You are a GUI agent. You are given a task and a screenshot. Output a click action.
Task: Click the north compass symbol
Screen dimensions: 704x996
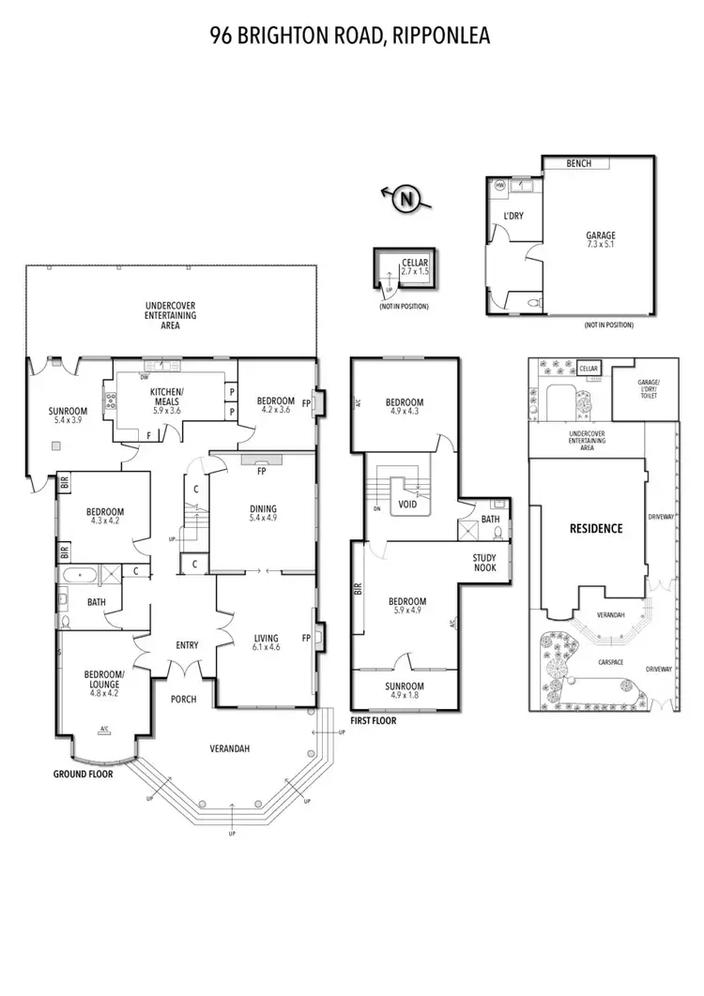click(406, 198)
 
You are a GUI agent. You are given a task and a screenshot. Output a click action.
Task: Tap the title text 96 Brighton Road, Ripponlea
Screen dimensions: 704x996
click(351, 37)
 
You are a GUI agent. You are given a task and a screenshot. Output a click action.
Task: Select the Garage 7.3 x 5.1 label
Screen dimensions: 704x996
click(602, 241)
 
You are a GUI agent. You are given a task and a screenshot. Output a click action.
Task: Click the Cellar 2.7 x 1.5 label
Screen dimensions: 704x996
click(414, 267)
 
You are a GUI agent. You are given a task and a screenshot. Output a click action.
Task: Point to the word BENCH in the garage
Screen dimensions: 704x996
click(578, 164)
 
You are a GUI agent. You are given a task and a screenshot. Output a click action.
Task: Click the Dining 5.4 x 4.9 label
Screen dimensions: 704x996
click(262, 515)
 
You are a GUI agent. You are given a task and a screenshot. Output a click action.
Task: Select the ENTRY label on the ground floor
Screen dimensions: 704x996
click(187, 644)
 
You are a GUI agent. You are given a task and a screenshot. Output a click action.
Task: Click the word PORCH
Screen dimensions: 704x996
click(183, 699)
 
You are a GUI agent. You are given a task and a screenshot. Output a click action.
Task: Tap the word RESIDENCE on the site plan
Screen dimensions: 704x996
click(596, 528)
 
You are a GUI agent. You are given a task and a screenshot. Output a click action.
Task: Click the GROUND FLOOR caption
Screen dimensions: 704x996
click(84, 775)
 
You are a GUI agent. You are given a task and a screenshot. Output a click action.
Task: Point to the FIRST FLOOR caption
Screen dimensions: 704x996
click(373, 721)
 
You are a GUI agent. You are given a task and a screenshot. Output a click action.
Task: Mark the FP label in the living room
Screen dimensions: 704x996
click(305, 638)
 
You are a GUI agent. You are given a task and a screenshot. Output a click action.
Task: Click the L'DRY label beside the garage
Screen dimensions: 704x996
click(513, 216)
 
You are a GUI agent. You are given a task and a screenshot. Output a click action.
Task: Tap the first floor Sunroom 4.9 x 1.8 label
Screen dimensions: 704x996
click(406, 691)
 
